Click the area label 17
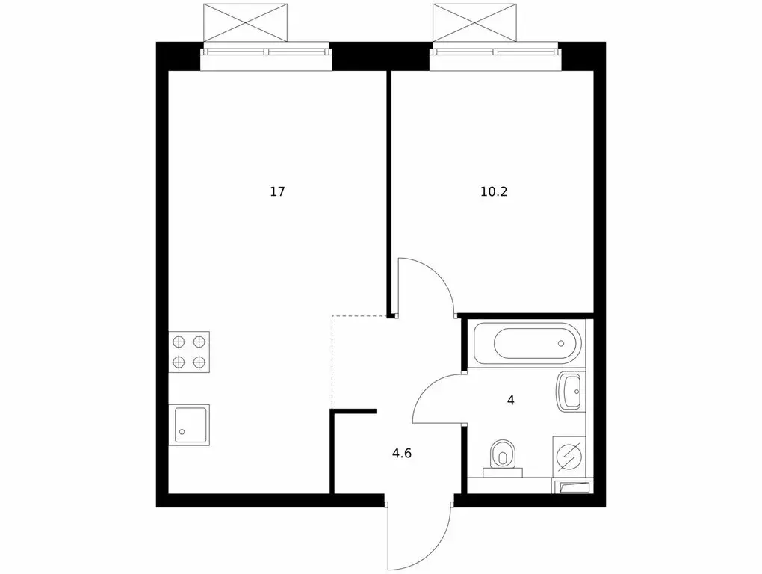click(x=277, y=192)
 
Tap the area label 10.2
click(x=494, y=192)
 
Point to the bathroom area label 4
click(x=511, y=400)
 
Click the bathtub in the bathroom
click(x=527, y=343)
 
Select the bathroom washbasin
click(x=571, y=392)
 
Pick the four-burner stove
click(x=189, y=352)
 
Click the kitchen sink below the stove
click(x=189, y=425)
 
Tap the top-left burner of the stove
click(x=179, y=342)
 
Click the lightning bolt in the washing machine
click(x=570, y=455)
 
